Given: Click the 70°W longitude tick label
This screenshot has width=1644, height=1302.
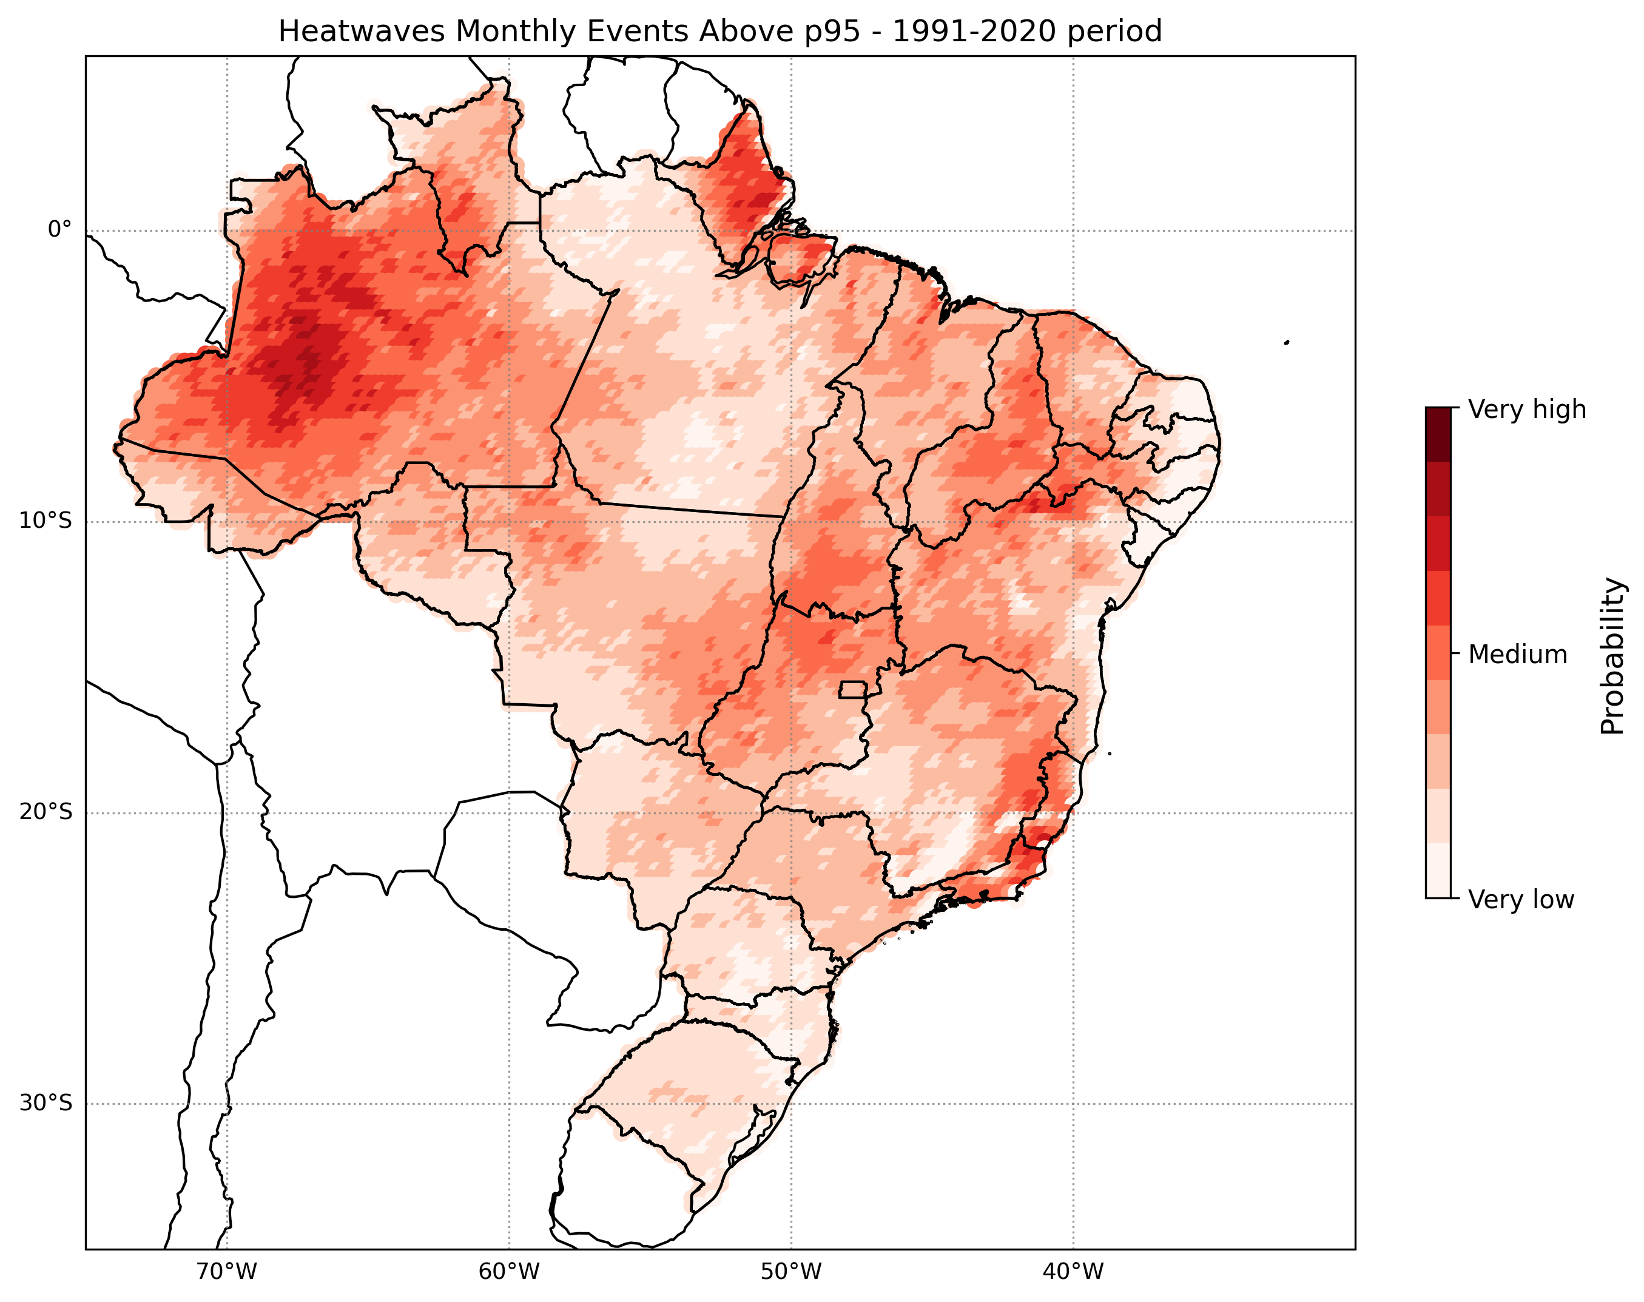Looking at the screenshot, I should (x=226, y=1272).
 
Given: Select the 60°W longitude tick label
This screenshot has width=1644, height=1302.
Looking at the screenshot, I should (x=509, y=1272).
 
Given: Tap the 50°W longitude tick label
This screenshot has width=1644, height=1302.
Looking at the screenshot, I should (x=791, y=1272).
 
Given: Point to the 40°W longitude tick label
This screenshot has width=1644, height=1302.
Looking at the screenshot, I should (x=1073, y=1272).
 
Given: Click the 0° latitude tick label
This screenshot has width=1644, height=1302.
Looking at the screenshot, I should (x=59, y=229).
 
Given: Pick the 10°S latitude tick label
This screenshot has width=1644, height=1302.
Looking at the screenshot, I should (x=45, y=521).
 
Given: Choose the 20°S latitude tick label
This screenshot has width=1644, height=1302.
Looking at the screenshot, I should (x=45, y=812).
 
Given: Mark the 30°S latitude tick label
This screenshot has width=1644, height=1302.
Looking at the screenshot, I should (x=45, y=1103).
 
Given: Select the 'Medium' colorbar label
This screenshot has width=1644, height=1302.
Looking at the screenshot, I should (x=1517, y=654).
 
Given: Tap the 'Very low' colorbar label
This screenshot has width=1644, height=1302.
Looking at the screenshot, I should (x=1520, y=900).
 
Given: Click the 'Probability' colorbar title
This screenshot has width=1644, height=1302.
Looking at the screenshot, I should (x=1612, y=656).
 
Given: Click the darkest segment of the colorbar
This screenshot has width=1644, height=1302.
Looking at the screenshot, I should (x=1438, y=434).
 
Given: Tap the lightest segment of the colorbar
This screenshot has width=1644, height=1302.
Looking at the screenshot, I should (x=1438, y=871).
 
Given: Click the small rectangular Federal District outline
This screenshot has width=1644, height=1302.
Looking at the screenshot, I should (x=854, y=690).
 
